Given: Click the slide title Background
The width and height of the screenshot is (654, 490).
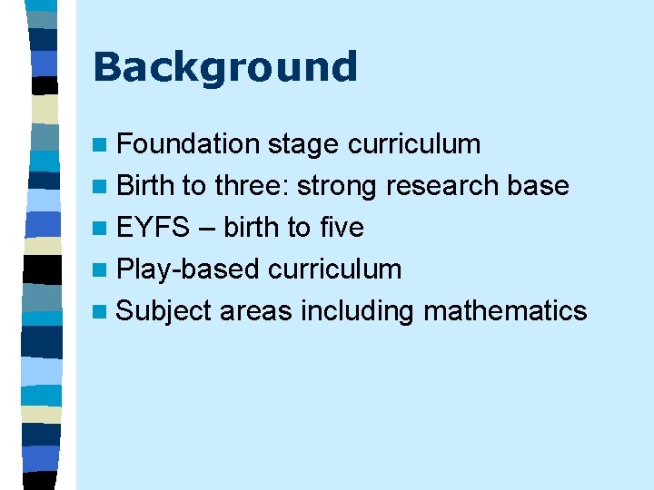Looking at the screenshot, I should [x=224, y=68].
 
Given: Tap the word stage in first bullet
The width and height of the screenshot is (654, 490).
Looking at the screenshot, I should [x=303, y=143].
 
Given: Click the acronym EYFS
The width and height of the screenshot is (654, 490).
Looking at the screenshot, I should [x=153, y=227].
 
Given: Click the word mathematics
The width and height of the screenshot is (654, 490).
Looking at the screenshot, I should [x=505, y=311].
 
